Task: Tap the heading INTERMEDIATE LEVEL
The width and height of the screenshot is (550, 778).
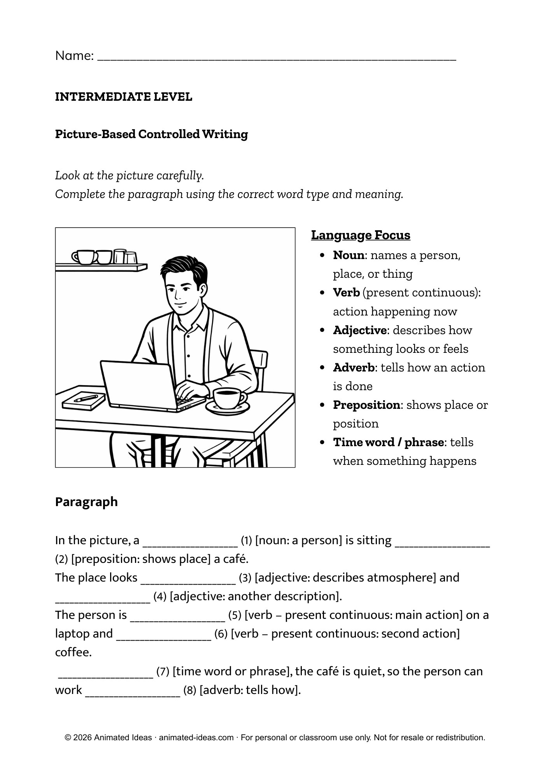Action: coord(124,97)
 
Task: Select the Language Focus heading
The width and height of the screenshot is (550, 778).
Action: coord(361,235)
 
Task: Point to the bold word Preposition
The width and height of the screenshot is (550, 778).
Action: coord(366,405)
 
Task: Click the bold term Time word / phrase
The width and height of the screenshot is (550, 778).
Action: coord(388,442)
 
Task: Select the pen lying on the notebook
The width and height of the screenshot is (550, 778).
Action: coord(86,398)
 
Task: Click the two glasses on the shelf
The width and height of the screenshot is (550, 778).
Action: coord(125,256)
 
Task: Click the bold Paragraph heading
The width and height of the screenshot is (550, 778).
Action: coord(86,502)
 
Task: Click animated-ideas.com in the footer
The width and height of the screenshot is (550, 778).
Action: coord(196,738)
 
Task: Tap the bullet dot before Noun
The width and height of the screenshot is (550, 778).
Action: coord(322,256)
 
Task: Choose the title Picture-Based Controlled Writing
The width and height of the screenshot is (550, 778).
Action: coord(151,134)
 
